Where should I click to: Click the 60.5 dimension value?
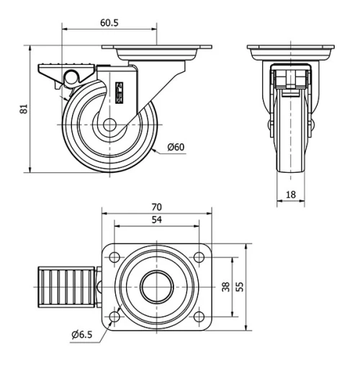pyautogui.click(x=109, y=23)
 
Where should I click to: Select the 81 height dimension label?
pyautogui.click(x=23, y=110)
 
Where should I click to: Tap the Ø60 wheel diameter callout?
pyautogui.click(x=176, y=148)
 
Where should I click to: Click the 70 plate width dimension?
pyautogui.click(x=157, y=207)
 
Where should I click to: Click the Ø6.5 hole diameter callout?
pyautogui.click(x=84, y=334)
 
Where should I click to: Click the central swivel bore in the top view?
pyautogui.click(x=156, y=286)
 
